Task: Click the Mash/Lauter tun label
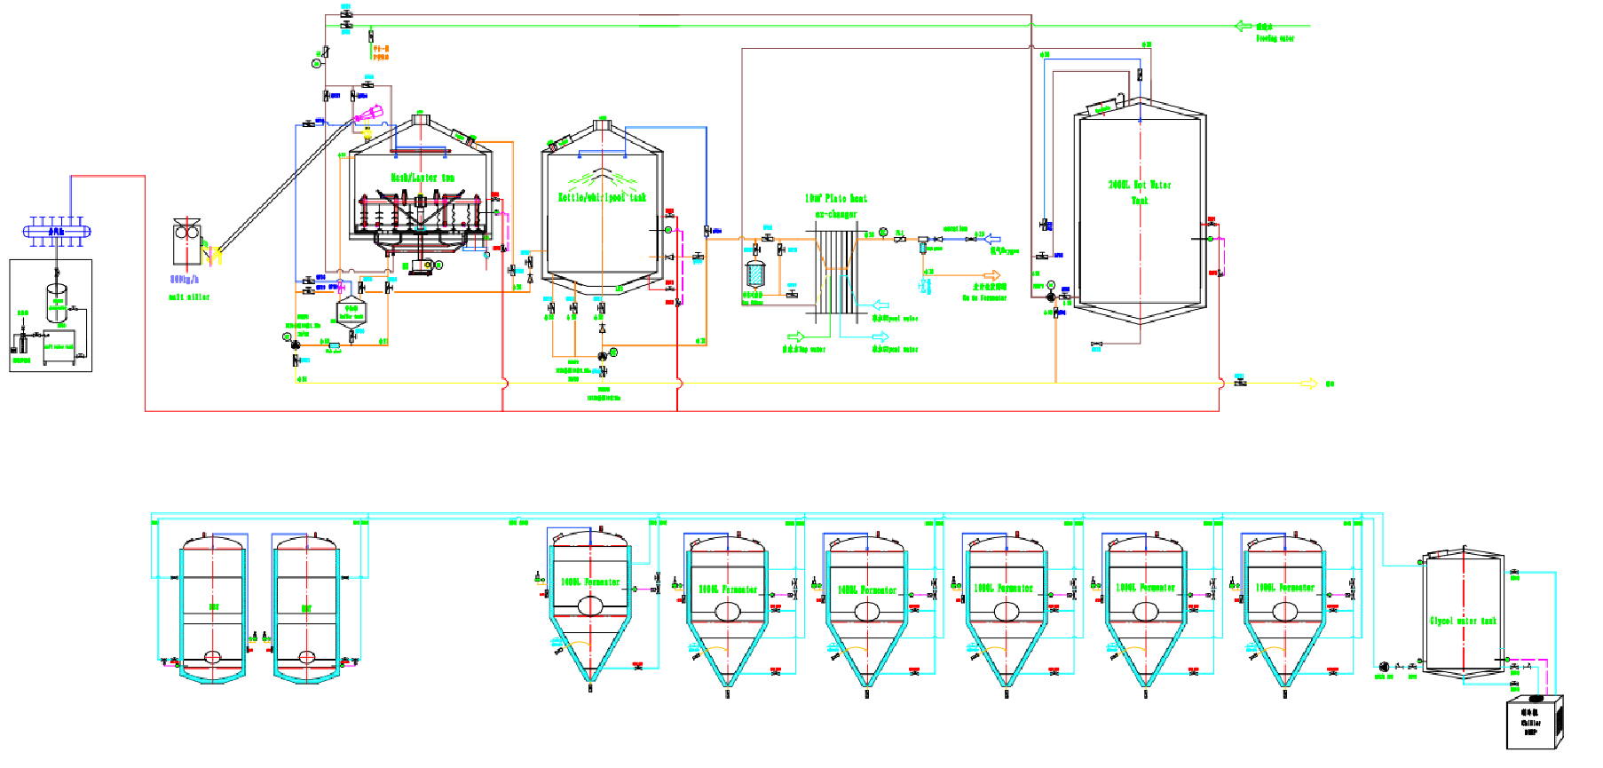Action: (x=422, y=178)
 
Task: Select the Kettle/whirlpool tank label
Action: (x=602, y=197)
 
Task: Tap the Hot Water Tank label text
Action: (x=1140, y=192)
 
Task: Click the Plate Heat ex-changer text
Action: (x=835, y=205)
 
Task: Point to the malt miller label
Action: (x=189, y=297)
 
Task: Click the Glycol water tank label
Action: (x=1463, y=621)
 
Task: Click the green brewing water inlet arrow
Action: (x=1244, y=26)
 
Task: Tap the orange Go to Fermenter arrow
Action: (x=991, y=275)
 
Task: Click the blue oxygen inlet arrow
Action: (x=992, y=239)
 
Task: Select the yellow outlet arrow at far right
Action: (x=1308, y=384)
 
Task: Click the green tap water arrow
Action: (x=795, y=336)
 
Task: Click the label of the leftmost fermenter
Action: (x=590, y=582)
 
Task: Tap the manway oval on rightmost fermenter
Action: (x=1285, y=611)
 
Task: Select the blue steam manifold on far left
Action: (x=56, y=232)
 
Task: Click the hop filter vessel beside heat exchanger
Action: (x=754, y=273)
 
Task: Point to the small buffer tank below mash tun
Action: (x=351, y=313)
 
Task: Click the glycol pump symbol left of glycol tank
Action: (x=1384, y=666)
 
